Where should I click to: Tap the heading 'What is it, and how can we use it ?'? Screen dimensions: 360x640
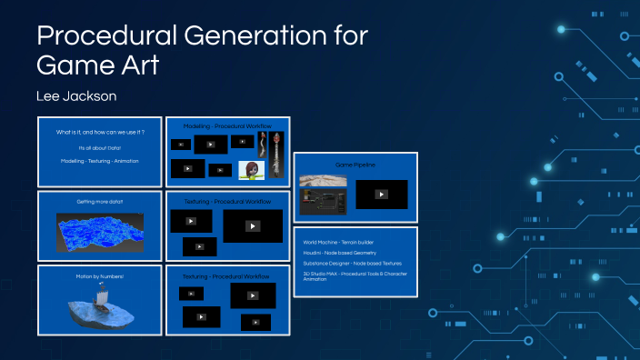101,133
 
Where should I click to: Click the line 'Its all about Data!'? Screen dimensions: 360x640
100,146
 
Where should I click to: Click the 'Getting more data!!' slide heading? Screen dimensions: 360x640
100,201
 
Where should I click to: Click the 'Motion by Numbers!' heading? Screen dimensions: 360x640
100,275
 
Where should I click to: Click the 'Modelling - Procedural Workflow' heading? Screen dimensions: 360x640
227,125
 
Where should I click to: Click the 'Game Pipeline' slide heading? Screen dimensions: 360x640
355,165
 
